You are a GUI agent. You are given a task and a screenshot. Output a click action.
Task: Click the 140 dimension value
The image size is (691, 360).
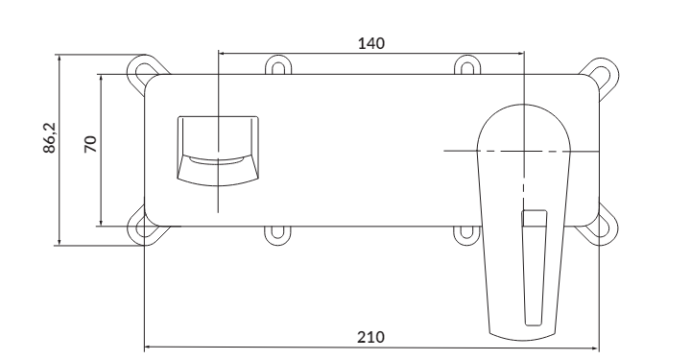coord(371,43)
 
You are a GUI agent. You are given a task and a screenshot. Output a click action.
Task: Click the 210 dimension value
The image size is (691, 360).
coord(370,337)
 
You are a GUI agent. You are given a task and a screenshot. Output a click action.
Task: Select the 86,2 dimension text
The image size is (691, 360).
coord(50,138)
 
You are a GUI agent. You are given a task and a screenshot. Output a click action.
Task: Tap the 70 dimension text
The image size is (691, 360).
coord(90,144)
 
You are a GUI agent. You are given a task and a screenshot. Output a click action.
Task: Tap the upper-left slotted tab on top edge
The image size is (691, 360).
coord(278,65)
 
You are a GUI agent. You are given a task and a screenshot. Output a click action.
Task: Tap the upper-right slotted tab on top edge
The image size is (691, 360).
coord(467,65)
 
